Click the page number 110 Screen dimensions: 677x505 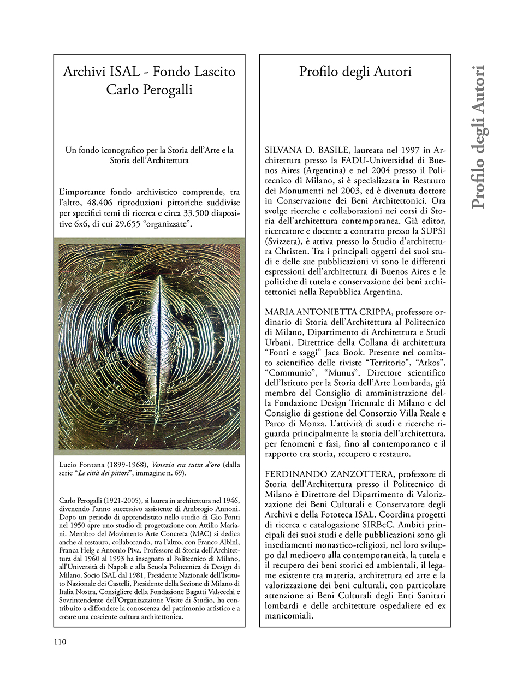tap(60, 642)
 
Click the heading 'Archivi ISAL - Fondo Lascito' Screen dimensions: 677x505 tap(149, 72)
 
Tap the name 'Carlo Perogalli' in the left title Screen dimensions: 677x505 tap(149, 90)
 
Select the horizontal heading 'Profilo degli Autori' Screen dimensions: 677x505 tap(355, 72)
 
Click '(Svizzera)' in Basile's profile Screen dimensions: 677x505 tap(283, 240)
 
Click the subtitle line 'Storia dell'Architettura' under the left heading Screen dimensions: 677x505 tap(149, 161)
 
